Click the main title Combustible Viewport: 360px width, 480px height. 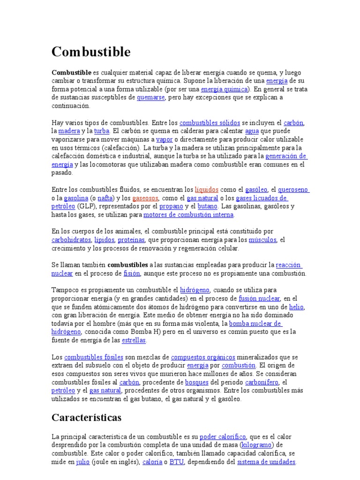[91, 52]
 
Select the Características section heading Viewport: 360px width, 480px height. [86, 417]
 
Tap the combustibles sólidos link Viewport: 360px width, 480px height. [210, 123]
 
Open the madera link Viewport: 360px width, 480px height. [69, 131]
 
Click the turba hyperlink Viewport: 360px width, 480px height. [101, 131]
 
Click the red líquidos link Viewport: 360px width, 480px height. [206, 189]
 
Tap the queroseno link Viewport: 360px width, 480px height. [293, 189]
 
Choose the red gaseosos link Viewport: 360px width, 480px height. [146, 198]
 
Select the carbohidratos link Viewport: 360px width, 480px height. [71, 240]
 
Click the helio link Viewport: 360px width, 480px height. [296, 307]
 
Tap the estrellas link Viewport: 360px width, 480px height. [134, 340]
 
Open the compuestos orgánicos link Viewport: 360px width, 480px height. [203, 357]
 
